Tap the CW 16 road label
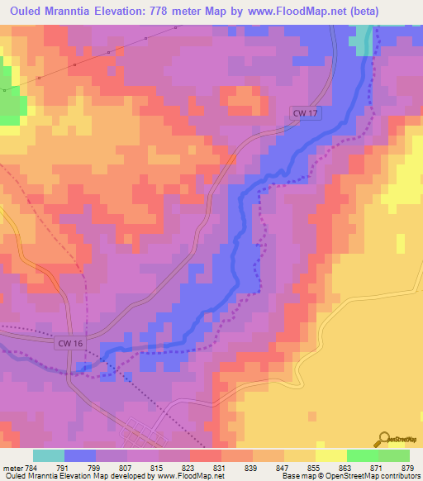[70, 341]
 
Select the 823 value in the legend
[190, 467]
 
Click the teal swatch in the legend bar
[49, 455]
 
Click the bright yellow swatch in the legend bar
[330, 455]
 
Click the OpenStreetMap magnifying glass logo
[383, 440]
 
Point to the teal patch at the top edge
[360, 38]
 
